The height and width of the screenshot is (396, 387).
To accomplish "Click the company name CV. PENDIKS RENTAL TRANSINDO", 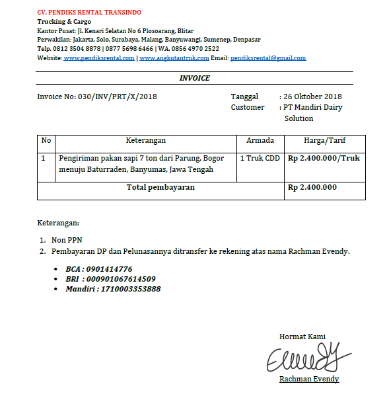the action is tap(89, 13).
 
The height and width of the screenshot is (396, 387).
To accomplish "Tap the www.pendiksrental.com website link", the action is tap(99, 58).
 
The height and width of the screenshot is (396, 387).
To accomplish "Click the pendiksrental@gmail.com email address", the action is tap(268, 58).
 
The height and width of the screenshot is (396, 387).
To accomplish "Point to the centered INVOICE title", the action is tap(195, 78).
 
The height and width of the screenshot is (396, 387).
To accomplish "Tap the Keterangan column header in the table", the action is tap(145, 140).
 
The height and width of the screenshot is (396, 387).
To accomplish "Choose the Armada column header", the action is tap(260, 140).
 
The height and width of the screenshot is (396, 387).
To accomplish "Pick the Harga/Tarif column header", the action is tap(324, 140).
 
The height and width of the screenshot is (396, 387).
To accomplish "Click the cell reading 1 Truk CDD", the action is tap(260, 159).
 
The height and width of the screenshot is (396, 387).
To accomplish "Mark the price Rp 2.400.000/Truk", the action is tap(324, 159).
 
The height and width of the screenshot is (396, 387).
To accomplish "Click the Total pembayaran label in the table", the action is tap(160, 188).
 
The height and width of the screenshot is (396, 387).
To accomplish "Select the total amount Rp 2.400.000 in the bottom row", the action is tap(312, 188).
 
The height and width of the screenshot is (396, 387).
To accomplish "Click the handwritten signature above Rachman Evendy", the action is tap(308, 357).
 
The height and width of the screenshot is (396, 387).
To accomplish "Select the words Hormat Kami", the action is tap(302, 337).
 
